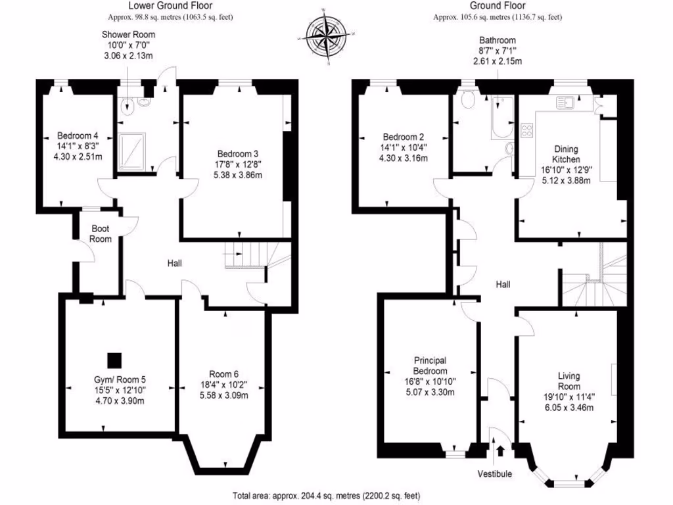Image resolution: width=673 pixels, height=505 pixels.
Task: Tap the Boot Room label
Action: pos(101,234)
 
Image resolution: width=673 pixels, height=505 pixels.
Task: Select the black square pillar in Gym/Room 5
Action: pos(114,360)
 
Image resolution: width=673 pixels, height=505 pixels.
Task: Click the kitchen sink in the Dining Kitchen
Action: pos(565,103)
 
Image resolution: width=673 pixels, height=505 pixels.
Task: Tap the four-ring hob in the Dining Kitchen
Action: pos(526,130)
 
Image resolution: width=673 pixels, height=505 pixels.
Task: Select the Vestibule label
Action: pos(495,473)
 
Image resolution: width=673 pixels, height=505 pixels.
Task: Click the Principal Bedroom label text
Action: pos(430,365)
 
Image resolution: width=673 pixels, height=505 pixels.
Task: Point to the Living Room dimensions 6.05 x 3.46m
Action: pos(569,408)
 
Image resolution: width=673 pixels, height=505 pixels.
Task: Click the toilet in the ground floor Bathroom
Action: pos(469,99)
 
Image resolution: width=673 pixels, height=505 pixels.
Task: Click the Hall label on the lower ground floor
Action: pos(174,263)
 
